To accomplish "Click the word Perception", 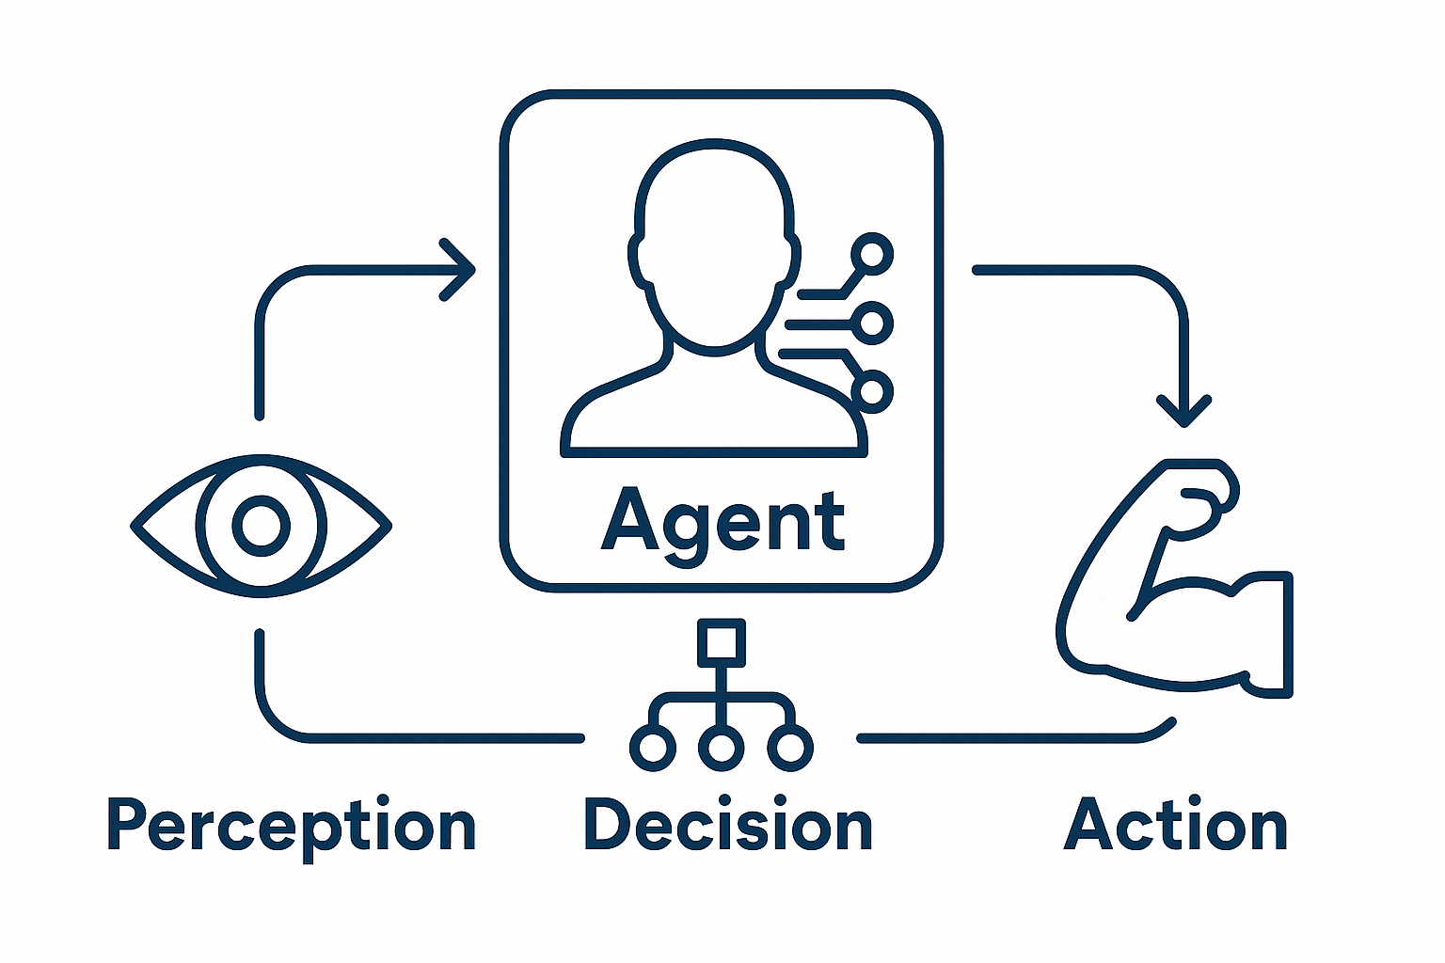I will coord(292,827).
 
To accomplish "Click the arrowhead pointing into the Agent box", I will coord(459,270).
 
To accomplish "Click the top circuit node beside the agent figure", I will coord(872,254).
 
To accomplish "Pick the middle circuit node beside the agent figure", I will coord(872,324).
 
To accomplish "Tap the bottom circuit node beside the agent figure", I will coord(872,390).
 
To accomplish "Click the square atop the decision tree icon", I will coord(722,642).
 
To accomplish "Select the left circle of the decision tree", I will coord(653,749).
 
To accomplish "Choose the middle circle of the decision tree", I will coord(722,749).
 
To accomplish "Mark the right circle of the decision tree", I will coord(790,749).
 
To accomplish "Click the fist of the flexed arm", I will coord(1204,494).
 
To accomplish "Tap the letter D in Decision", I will coord(606,825).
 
